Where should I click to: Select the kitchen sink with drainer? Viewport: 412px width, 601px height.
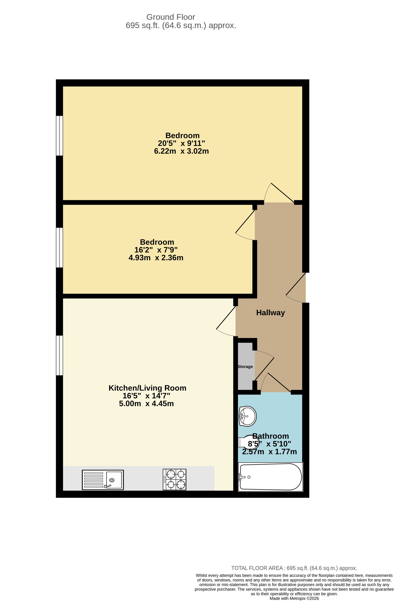pyautogui.click(x=103, y=480)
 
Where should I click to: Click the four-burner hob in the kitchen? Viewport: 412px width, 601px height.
pyautogui.click(x=174, y=480)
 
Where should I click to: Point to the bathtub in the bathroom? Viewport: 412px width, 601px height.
pyautogui.click(x=270, y=477)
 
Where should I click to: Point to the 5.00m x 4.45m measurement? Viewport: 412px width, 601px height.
pyautogui.click(x=146, y=404)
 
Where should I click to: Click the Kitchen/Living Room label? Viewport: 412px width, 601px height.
pyautogui.click(x=147, y=388)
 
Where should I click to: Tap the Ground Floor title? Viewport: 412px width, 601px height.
pyautogui.click(x=171, y=17)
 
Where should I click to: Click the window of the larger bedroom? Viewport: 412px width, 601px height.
pyautogui.click(x=59, y=136)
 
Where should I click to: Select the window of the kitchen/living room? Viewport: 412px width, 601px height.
pyautogui.click(x=59, y=355)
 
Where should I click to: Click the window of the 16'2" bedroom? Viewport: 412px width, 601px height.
pyautogui.click(x=59, y=248)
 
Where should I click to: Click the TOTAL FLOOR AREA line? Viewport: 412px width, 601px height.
pyautogui.click(x=294, y=568)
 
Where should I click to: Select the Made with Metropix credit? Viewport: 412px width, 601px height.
pyautogui.click(x=294, y=598)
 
